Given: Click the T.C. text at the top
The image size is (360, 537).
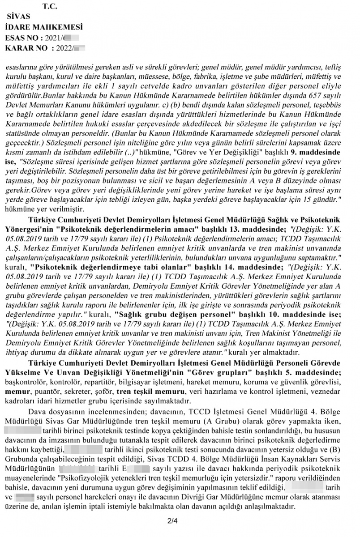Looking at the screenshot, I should coord(51,6).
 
